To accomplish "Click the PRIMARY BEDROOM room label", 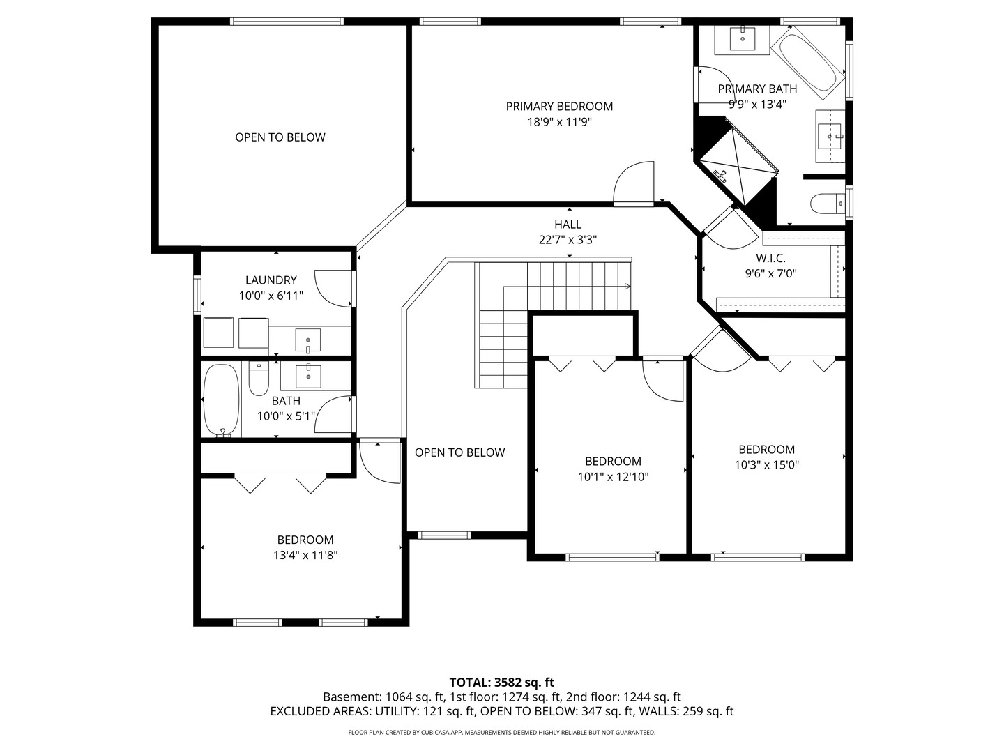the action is tap(559, 107).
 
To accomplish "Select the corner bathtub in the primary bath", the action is tap(807, 63).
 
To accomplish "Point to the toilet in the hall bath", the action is tap(259, 379).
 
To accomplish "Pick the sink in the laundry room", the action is tap(308, 340).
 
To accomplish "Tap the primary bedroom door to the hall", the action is tap(634, 182).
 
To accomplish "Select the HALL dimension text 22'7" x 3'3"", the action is tap(568, 240).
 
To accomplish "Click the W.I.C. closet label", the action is tap(770, 258).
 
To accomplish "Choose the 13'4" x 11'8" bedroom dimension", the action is tap(305, 556).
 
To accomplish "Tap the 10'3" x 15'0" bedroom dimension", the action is tap(767, 465).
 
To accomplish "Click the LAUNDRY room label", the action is tap(271, 280).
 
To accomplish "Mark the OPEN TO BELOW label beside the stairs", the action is tap(459, 452).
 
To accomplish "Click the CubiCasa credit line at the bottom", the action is tap(502, 732).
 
